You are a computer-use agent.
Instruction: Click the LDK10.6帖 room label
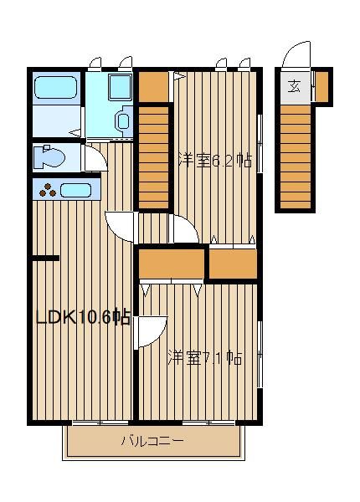point(83,318)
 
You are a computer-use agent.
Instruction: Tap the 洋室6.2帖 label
point(215,161)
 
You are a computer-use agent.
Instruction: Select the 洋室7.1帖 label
point(205,358)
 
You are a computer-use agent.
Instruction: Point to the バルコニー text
point(152,441)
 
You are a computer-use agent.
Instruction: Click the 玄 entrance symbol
point(294,86)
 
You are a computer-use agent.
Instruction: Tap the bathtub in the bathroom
point(56,87)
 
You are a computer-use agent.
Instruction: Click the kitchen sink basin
point(75,191)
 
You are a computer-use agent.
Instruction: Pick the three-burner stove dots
point(48,190)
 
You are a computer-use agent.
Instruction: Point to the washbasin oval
point(123,121)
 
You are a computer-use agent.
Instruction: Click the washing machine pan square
point(120,87)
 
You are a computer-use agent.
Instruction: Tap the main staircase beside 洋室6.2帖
point(153,157)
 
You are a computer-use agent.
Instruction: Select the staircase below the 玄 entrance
point(296,157)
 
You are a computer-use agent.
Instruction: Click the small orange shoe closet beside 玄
point(322,86)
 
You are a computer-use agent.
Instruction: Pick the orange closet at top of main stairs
point(153,87)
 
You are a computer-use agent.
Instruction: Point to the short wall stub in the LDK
point(46,258)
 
